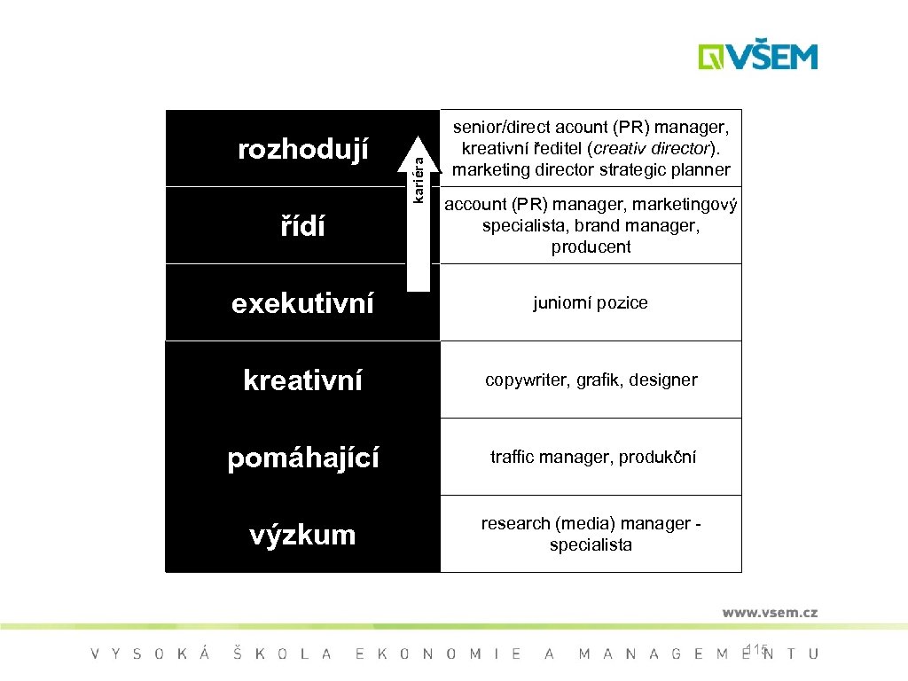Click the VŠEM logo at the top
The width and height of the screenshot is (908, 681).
(x=757, y=56)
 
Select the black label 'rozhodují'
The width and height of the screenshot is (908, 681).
(x=303, y=149)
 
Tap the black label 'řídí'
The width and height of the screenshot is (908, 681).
(x=303, y=226)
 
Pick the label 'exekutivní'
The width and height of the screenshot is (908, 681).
(x=303, y=303)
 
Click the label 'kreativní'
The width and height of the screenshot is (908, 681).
(x=303, y=380)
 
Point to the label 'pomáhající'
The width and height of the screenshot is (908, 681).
(x=303, y=458)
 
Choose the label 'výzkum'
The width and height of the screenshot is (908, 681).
(x=303, y=535)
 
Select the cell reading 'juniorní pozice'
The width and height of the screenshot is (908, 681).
(x=591, y=303)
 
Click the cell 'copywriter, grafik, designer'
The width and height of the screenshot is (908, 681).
(x=591, y=380)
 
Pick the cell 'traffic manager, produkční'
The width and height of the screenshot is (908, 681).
(x=592, y=458)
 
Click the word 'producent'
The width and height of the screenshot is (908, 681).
(x=591, y=247)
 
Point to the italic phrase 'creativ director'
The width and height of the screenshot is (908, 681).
(x=656, y=148)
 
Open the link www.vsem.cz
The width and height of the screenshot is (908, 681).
(x=769, y=613)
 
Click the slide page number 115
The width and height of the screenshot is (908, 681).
(x=757, y=650)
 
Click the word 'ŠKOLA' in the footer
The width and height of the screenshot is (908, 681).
(x=282, y=654)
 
